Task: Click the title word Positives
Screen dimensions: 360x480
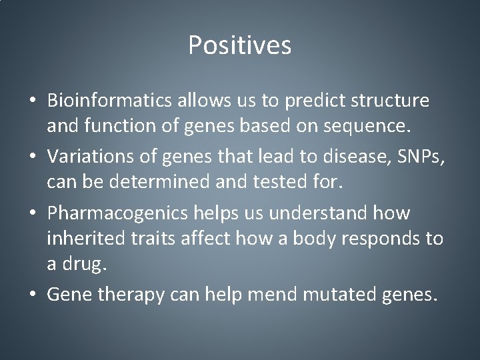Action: click(x=239, y=46)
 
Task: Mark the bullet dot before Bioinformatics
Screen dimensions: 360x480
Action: click(x=33, y=101)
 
